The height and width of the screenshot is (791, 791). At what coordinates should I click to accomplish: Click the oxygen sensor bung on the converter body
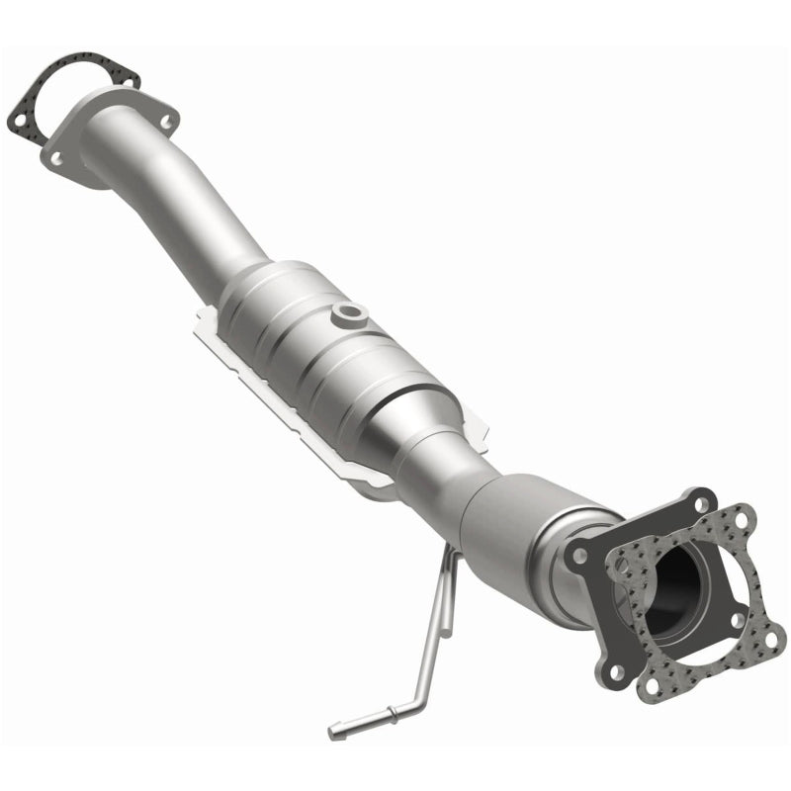348,313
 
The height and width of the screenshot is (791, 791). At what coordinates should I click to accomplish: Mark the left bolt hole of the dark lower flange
578,556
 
